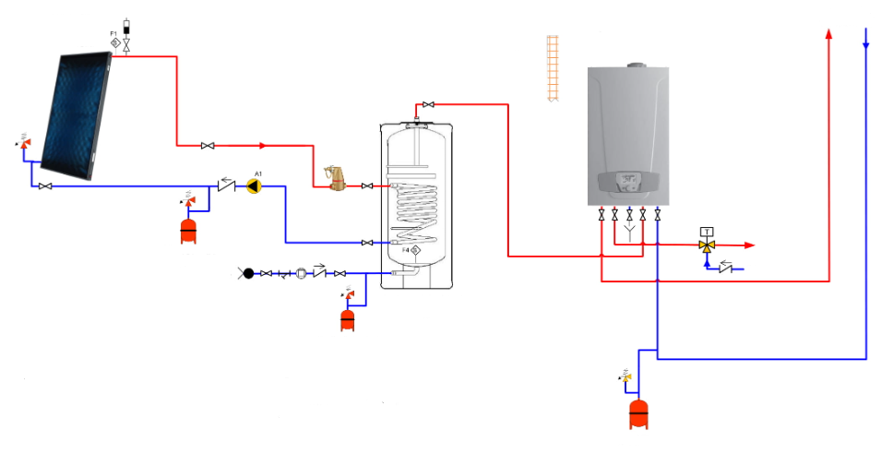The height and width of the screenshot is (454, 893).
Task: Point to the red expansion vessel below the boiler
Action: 637,413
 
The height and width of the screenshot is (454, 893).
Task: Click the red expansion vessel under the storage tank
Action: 348,319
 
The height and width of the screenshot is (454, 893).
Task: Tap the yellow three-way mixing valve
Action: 707,245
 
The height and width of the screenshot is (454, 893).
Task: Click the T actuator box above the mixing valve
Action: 707,231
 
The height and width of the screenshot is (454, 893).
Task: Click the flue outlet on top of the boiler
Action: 636,66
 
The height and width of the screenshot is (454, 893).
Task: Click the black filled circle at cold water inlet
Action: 248,273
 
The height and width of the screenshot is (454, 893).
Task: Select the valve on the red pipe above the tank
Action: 428,104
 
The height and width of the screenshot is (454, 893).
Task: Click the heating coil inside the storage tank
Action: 416,209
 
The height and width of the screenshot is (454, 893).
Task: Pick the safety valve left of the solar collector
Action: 24,144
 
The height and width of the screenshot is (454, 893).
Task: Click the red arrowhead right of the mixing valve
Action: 749,245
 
